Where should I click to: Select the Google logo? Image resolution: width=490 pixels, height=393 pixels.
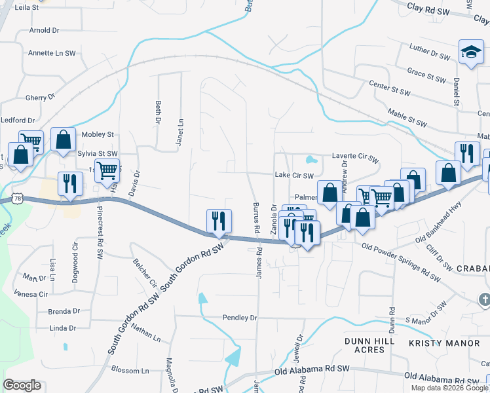point(22,385)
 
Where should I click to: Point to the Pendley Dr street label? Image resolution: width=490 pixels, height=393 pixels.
point(240,317)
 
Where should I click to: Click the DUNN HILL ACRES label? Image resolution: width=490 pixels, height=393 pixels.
point(370,345)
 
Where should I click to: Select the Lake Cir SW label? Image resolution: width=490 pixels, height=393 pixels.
point(294,176)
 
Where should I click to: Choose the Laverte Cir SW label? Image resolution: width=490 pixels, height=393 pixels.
point(355,158)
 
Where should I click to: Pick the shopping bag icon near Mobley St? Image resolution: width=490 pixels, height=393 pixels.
point(63,140)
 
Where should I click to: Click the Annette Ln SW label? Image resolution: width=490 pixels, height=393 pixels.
point(52,53)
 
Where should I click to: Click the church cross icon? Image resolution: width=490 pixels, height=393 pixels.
point(484,299)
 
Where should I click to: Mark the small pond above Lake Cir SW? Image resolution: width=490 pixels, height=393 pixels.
point(311,159)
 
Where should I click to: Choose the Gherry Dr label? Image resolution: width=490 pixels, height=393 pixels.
point(40,98)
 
